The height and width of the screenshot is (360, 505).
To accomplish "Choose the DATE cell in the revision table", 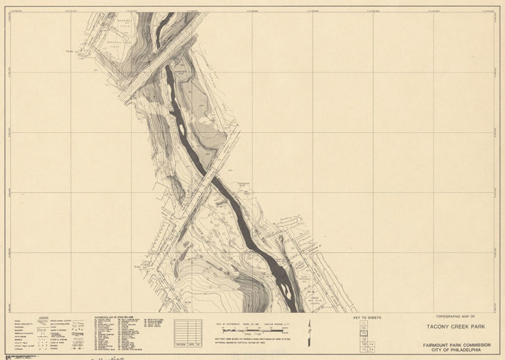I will pyautogui.click(x=193, y=342).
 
